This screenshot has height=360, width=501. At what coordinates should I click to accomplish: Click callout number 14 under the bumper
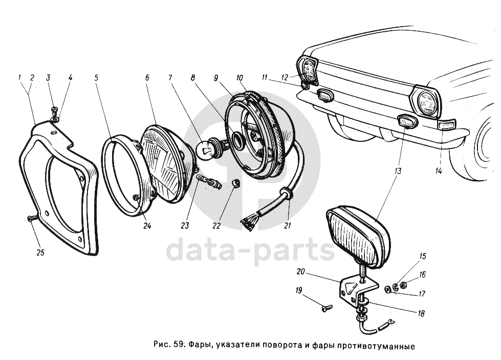[x=438, y=171]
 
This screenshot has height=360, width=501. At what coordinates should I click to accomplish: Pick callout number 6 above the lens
[x=147, y=78]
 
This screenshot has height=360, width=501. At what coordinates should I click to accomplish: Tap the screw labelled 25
[x=30, y=219]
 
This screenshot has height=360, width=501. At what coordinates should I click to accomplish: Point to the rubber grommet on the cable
[x=285, y=195]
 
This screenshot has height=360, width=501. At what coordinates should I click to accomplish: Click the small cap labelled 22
[x=235, y=183]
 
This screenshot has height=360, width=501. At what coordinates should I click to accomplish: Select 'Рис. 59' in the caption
[x=169, y=346]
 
